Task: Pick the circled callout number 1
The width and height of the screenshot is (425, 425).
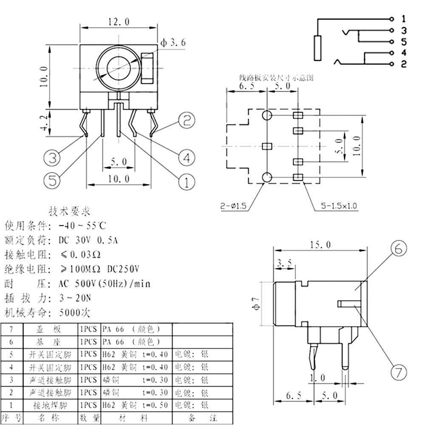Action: click(186, 182)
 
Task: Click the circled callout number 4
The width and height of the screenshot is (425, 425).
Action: click(186, 158)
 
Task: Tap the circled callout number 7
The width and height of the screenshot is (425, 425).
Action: click(398, 373)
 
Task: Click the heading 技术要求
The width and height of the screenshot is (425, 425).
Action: click(70, 211)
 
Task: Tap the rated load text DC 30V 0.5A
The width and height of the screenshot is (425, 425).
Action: click(88, 241)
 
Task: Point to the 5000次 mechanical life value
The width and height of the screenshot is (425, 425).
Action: click(75, 313)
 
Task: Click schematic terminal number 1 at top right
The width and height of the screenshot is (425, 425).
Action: click(403, 19)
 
